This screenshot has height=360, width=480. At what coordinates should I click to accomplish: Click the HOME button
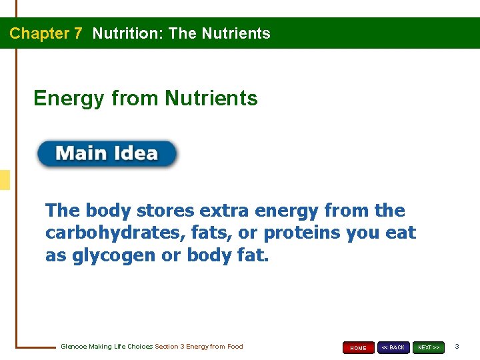(359, 347)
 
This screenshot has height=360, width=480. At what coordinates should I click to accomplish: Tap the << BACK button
(393, 347)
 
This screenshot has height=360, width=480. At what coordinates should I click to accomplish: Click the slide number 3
(457, 347)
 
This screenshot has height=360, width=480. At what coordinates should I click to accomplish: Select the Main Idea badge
(107, 154)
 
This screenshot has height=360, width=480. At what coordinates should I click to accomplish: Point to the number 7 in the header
(78, 33)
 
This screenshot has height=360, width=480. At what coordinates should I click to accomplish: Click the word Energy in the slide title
(69, 99)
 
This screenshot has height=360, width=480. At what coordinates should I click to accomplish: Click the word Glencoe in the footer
(73, 347)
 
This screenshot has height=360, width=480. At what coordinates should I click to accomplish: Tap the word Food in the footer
(235, 347)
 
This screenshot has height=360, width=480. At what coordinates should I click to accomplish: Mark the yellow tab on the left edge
(5, 180)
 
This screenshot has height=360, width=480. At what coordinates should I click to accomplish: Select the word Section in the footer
(166, 347)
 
